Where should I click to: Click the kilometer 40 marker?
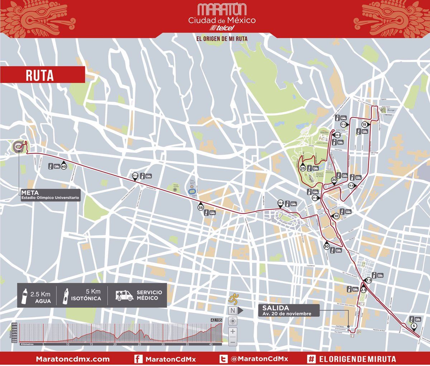[x=64, y=166]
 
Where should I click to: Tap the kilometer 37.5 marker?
[x=135, y=176]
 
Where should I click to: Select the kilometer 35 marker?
[x=201, y=207]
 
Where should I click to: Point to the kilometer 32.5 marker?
[x=281, y=203]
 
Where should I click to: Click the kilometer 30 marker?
[x=326, y=246]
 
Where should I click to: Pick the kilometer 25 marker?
[x=303, y=168]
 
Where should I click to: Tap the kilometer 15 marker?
[x=365, y=125]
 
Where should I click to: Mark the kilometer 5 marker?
[x=414, y=326]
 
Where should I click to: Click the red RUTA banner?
[x=42, y=75]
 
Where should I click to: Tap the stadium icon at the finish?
[x=19, y=146]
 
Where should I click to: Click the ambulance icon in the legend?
[x=124, y=295]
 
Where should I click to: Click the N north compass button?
[x=233, y=310]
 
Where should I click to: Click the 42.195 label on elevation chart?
[x=216, y=320]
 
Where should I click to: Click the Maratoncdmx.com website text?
[x=73, y=359]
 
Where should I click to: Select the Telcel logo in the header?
[x=222, y=28]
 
